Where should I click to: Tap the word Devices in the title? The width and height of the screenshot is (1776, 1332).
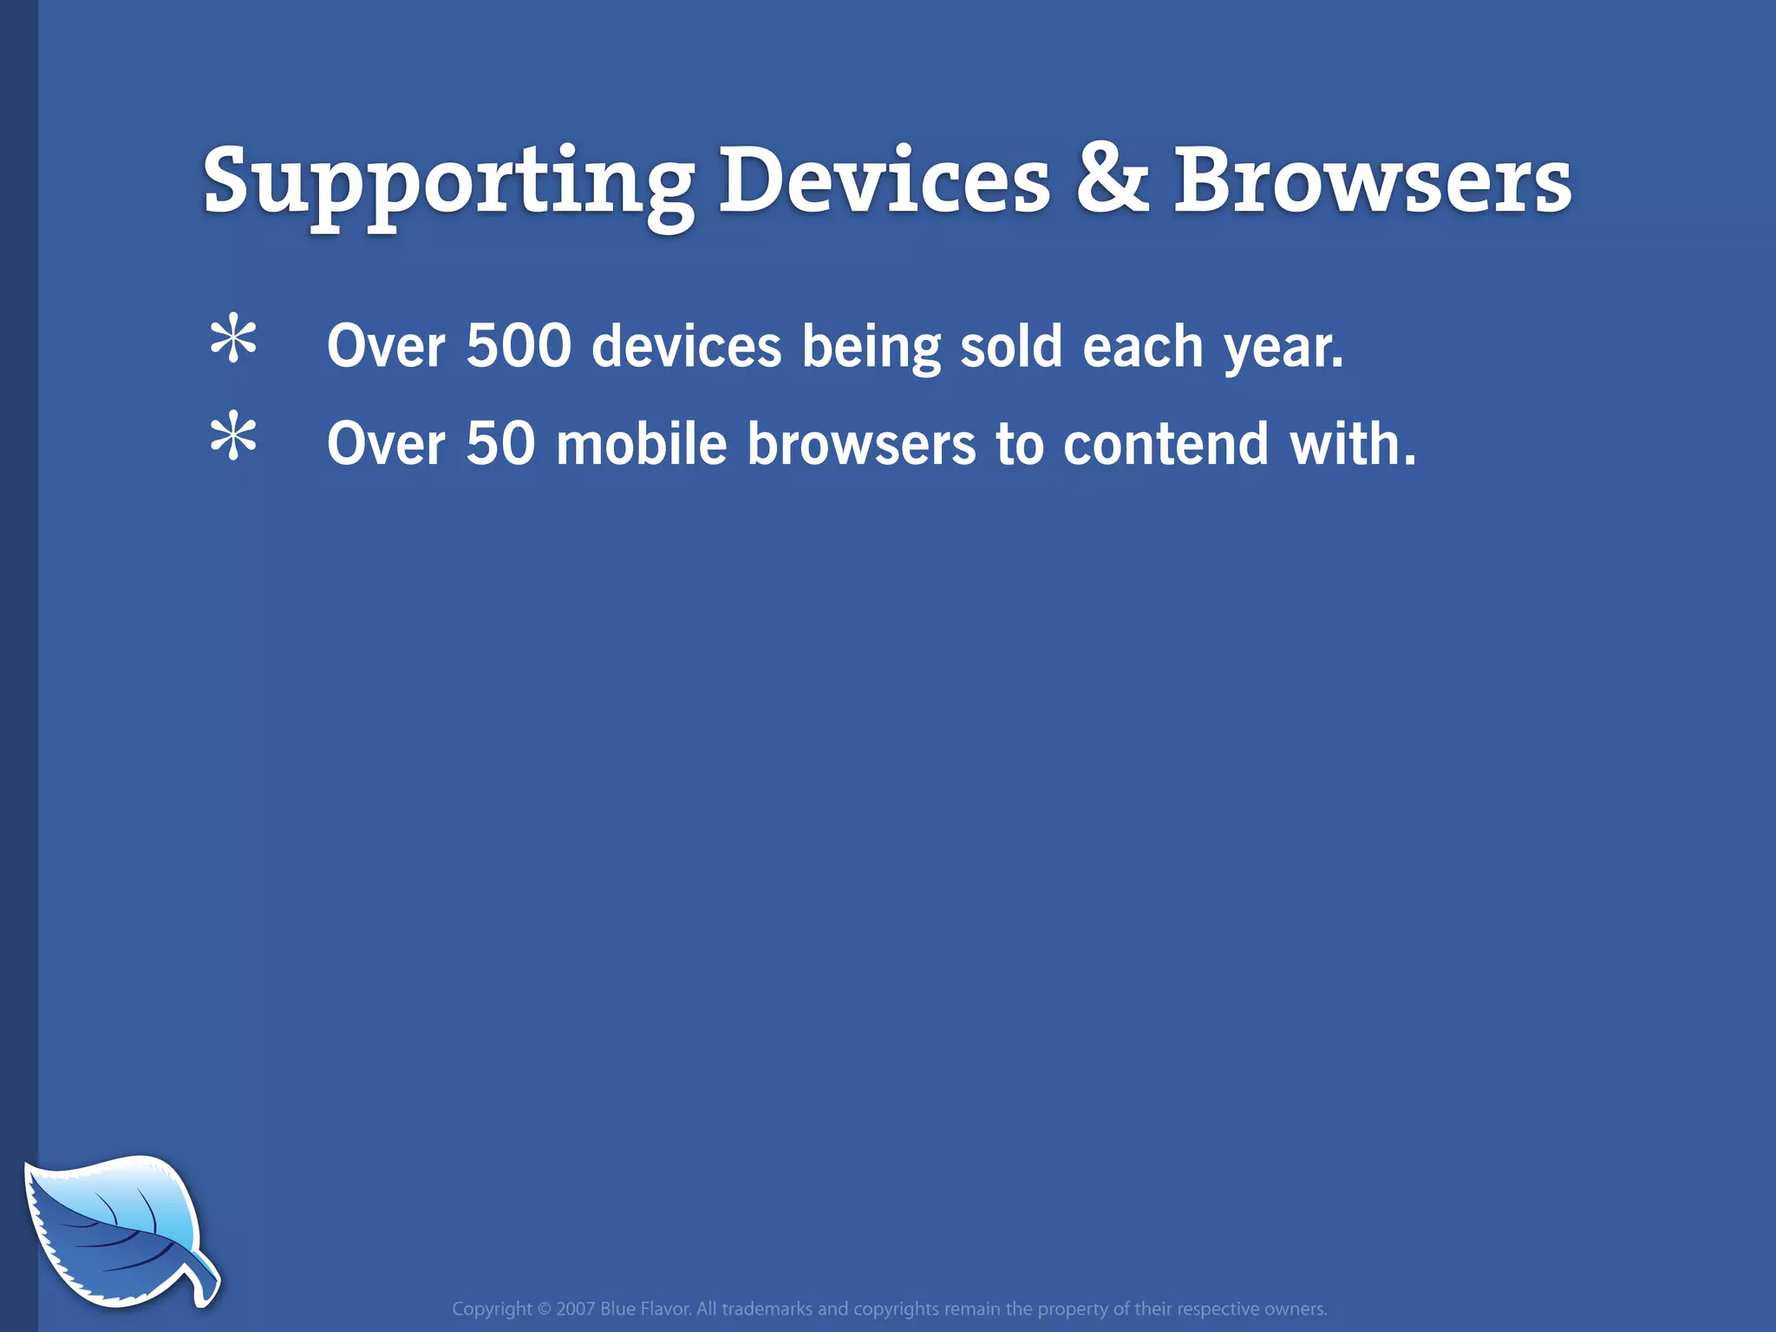point(885,181)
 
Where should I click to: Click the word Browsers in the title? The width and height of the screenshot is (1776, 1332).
point(1372,181)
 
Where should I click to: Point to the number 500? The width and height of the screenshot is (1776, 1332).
point(519,346)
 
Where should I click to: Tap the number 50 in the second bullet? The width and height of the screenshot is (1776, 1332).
point(500,444)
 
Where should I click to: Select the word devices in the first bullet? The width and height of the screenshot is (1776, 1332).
point(686,346)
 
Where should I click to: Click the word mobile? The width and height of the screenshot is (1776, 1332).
point(641,444)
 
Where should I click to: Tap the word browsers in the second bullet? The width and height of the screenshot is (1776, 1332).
point(861,444)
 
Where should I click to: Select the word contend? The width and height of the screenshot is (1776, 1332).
point(1165,444)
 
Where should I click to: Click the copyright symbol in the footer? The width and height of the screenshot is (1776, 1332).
point(544,1309)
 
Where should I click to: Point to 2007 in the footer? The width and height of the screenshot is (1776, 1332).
point(576,1309)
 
